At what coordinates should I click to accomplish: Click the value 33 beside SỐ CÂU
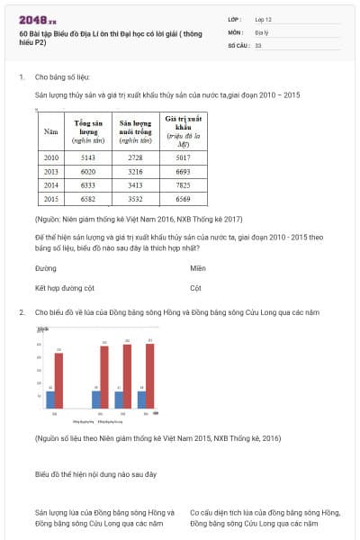coord(258,44)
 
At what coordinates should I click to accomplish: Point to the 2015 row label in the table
coord(50,198)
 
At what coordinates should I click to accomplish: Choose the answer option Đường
coord(45,268)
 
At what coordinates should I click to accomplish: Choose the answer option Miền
coord(198,268)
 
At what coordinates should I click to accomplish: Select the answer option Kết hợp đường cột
coord(65,289)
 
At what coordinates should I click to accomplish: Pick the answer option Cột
coord(195,289)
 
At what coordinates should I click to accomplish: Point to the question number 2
coord(22,311)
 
